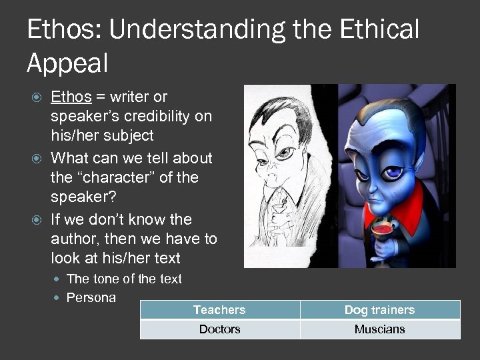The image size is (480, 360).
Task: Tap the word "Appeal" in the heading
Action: pyautogui.click(x=67, y=63)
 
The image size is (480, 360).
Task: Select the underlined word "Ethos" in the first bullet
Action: pyautogui.click(x=71, y=97)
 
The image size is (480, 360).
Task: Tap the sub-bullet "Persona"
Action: pyautogui.click(x=91, y=297)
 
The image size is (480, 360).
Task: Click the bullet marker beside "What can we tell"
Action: pyautogui.click(x=38, y=159)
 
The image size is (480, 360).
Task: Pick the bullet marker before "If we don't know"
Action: pyautogui.click(x=38, y=220)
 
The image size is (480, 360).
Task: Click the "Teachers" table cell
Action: pyautogui.click(x=219, y=310)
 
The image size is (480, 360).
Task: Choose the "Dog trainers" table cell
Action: pyautogui.click(x=379, y=310)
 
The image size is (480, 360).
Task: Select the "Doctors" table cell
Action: pyautogui.click(x=219, y=329)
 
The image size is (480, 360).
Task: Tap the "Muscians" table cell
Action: pyautogui.click(x=379, y=329)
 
